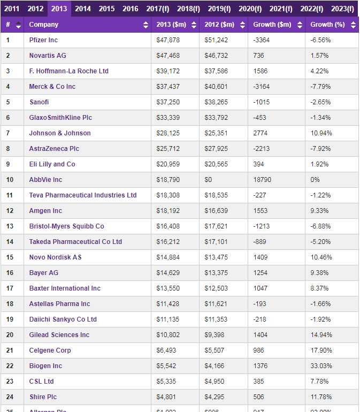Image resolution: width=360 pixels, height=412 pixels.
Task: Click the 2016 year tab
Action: [x=130, y=9]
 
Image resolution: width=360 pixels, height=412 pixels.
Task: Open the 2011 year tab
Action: [x=12, y=9]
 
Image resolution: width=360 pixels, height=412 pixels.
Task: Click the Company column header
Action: [x=44, y=25]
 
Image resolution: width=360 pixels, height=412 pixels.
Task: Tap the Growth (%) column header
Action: [x=327, y=25]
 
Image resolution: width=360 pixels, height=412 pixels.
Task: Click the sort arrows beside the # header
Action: [x=19, y=25]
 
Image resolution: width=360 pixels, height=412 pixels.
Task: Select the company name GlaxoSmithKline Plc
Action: [x=60, y=118]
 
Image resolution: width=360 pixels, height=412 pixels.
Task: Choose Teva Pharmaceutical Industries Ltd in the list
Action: [x=83, y=195]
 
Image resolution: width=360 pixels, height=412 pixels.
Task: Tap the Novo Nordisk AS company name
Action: [x=55, y=257]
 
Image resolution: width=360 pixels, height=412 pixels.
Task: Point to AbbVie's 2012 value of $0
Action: [x=208, y=180]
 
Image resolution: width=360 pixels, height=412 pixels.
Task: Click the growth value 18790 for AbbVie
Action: [x=263, y=180]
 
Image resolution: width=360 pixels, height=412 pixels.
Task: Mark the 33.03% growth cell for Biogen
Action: [x=321, y=366]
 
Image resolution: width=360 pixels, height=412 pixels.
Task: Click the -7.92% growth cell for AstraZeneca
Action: [x=321, y=149]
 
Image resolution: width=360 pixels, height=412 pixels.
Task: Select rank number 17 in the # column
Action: [x=10, y=288]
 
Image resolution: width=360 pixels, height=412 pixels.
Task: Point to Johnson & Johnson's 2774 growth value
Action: [x=261, y=133]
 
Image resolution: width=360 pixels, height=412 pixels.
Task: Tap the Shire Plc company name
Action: [x=43, y=397]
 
